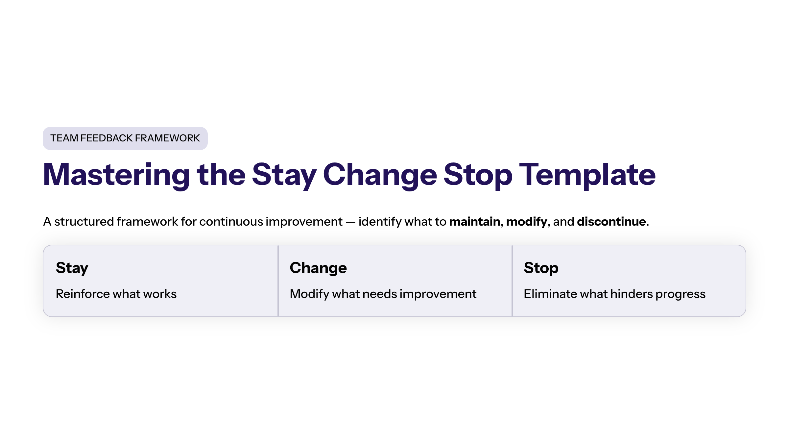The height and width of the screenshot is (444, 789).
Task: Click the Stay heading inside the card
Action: (x=72, y=268)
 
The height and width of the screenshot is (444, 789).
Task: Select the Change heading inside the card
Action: (x=318, y=268)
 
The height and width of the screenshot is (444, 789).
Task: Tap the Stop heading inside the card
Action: (x=541, y=268)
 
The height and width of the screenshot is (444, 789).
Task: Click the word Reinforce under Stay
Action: (x=83, y=294)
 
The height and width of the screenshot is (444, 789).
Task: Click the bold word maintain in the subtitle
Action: (x=475, y=222)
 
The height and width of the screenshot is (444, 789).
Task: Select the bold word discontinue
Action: (x=611, y=222)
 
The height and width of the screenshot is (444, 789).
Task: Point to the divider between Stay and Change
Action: (x=278, y=281)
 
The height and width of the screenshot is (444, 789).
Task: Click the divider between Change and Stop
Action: (x=512, y=281)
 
